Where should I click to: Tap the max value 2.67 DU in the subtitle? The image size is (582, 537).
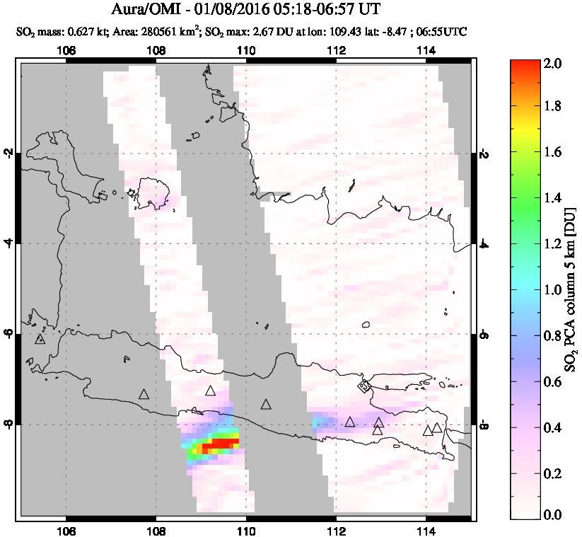click(x=265, y=32)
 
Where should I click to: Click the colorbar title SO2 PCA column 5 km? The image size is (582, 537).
click(x=569, y=290)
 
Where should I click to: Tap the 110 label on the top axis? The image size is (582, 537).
click(x=246, y=50)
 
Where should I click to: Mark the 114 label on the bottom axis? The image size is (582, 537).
click(x=426, y=532)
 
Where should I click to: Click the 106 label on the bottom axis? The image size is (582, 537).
click(x=66, y=532)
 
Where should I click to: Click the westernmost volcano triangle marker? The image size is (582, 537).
click(x=40, y=339)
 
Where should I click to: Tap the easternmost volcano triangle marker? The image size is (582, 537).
click(x=437, y=427)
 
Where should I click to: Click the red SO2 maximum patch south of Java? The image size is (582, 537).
click(x=220, y=445)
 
